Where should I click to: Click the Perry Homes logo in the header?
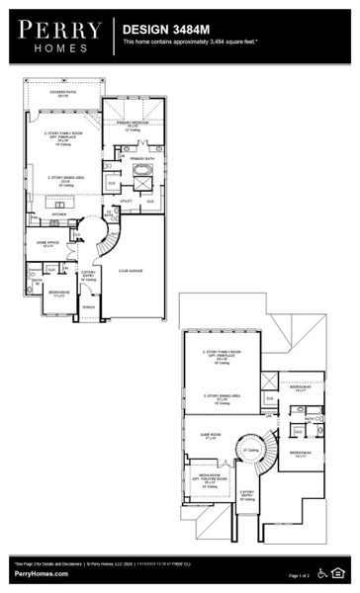[x=58, y=37]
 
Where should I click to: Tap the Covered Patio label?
[x=65, y=92]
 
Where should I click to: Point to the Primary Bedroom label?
[x=137, y=124]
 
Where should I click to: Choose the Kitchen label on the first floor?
[x=58, y=213]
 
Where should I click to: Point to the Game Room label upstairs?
[x=209, y=436]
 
